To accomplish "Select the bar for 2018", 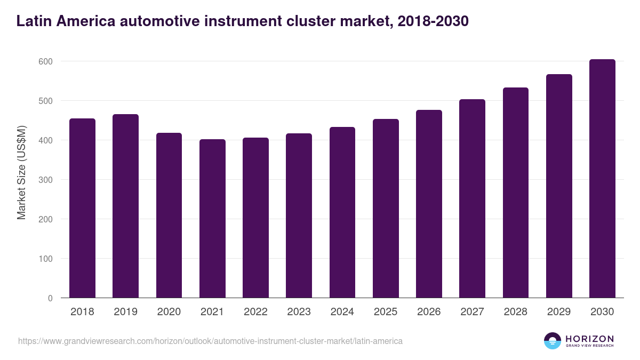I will tap(82, 208).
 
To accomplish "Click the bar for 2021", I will tap(212, 219).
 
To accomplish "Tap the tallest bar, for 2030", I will tap(602, 179).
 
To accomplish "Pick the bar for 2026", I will tap(429, 204).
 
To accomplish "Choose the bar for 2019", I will tap(125, 206).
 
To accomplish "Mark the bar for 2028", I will tap(516, 193).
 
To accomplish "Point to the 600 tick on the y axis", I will tap(46, 61).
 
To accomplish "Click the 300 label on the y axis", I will tap(46, 180).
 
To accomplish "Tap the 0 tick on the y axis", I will tap(50, 298).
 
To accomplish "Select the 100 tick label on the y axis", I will tap(46, 259).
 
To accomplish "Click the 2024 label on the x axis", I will tap(342, 312).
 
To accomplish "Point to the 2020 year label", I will tap(169, 312).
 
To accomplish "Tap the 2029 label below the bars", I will tap(559, 312).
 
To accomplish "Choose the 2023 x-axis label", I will tap(299, 312).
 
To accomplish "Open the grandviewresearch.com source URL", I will tap(210, 341).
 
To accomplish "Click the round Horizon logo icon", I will tap(553, 341).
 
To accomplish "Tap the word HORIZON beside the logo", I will tap(589, 338).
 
